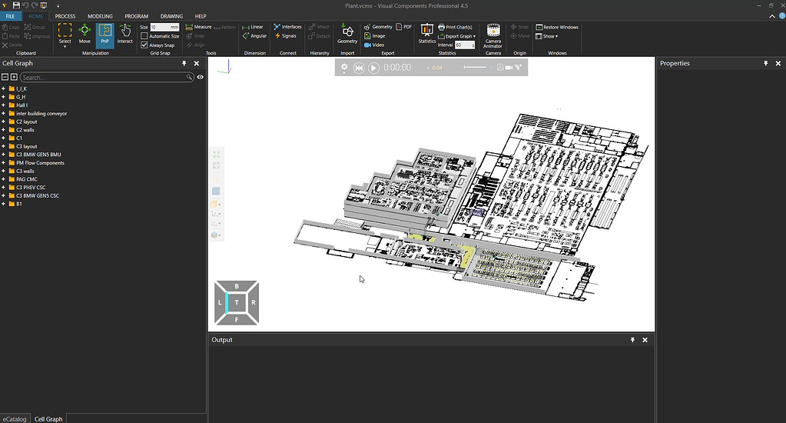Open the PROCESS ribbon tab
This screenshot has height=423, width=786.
pos(65,16)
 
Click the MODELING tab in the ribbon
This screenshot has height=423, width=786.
pos(100,16)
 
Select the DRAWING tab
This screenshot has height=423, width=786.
pos(171,16)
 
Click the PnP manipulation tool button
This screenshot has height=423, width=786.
pos(105,34)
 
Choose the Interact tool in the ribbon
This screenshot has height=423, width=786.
pos(125,34)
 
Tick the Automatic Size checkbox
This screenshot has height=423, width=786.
pos(144,36)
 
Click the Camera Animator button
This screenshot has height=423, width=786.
pos(493,35)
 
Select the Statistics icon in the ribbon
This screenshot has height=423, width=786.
pos(427,34)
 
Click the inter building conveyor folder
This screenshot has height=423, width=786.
pos(41,114)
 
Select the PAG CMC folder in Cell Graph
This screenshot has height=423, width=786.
pos(27,179)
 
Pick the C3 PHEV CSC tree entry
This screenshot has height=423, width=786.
pos(32,188)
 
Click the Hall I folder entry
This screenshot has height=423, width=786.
pos(22,105)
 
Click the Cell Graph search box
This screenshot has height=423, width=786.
pos(104,78)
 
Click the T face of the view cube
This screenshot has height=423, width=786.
pos(237,303)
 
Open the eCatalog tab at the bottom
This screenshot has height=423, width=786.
pos(15,419)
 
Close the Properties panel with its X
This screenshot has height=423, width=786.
pos(778,64)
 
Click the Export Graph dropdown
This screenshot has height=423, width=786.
pos(459,36)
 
